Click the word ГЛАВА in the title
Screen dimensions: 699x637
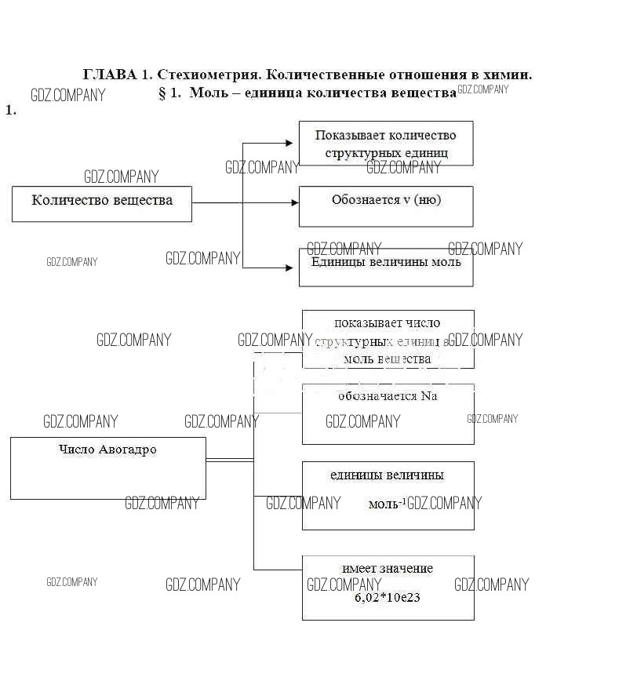click(x=110, y=75)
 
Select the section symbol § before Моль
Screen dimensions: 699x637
click(x=163, y=93)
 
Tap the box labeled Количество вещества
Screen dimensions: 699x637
click(x=102, y=203)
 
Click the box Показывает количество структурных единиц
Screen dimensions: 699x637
click(x=386, y=143)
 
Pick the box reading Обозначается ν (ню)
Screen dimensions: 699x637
click(x=386, y=206)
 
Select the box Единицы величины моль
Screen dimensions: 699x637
click(x=386, y=267)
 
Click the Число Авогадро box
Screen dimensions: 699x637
click(x=107, y=468)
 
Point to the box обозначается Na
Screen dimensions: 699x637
click(x=388, y=413)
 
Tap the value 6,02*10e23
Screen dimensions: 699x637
click(x=388, y=598)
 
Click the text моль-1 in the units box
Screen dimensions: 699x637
click(x=386, y=504)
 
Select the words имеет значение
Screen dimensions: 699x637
click(x=388, y=569)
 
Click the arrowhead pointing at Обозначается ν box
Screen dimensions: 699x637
click(x=294, y=202)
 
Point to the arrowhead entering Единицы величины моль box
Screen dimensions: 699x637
click(x=294, y=268)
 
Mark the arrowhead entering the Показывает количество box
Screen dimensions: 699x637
click(x=294, y=143)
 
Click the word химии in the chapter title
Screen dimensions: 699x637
click(x=512, y=75)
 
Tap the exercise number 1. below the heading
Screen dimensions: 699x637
click(x=11, y=111)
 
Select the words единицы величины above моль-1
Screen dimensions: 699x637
click(x=387, y=475)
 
